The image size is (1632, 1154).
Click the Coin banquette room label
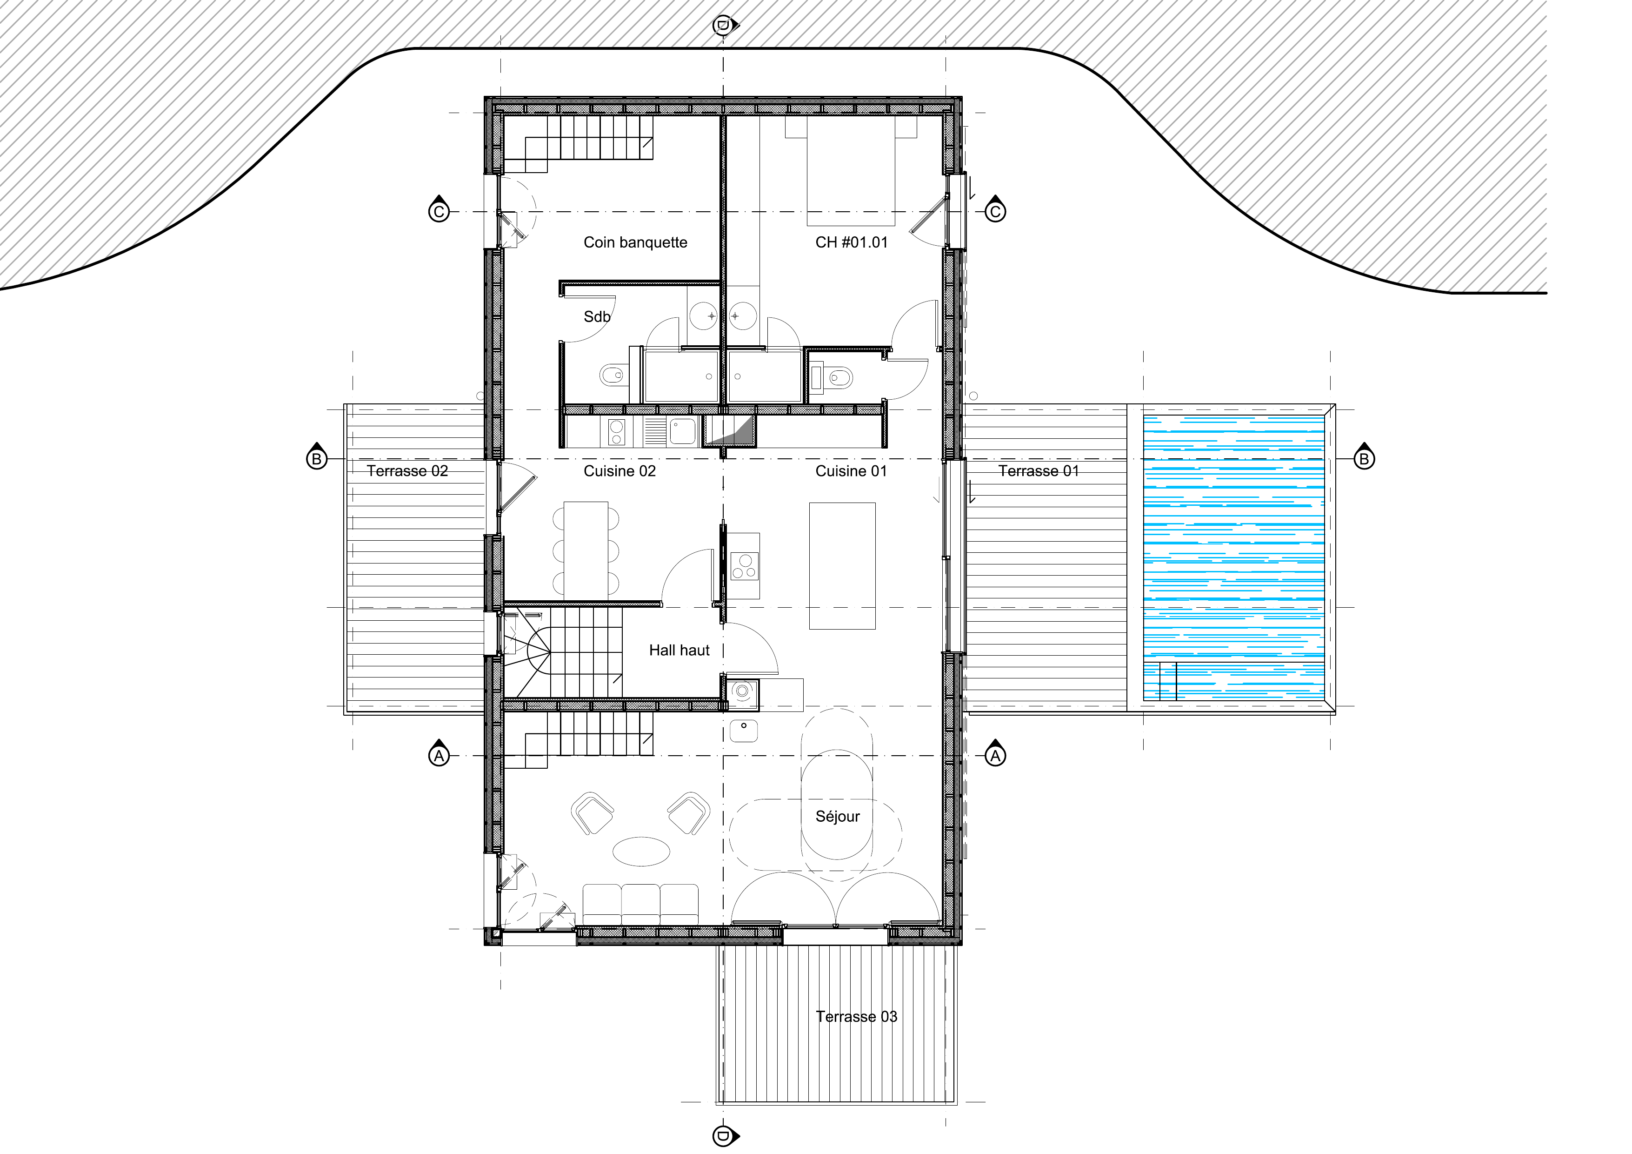(x=635, y=242)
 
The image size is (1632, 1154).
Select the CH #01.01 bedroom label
(x=852, y=242)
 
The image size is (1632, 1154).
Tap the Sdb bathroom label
(x=597, y=316)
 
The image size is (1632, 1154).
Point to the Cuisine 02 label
(x=620, y=471)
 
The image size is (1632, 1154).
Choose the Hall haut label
(x=679, y=650)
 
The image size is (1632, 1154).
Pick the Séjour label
(x=837, y=816)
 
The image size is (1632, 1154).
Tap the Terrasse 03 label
(x=857, y=1017)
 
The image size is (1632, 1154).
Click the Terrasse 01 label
(x=1039, y=471)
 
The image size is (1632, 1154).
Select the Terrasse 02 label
(x=407, y=471)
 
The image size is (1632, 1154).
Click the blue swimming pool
(x=1234, y=559)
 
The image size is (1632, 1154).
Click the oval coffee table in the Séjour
(x=641, y=851)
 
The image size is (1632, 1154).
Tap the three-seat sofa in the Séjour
(x=640, y=905)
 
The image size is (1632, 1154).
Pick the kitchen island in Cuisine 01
(x=842, y=566)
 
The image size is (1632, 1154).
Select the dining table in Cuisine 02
(x=586, y=550)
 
